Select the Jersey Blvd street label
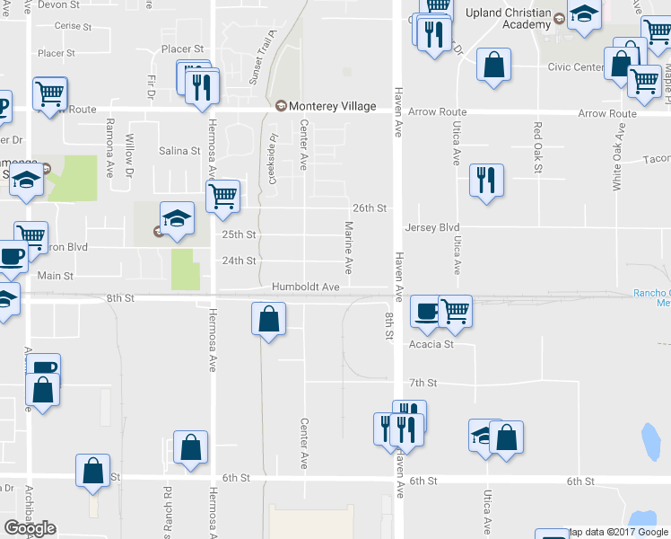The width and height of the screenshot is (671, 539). click(x=431, y=227)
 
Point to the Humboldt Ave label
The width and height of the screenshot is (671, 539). click(x=306, y=287)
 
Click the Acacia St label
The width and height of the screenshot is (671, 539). click(x=431, y=343)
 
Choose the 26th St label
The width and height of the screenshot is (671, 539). click(x=369, y=208)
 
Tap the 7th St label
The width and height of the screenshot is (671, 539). click(x=423, y=383)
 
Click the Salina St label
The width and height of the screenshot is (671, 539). click(x=179, y=151)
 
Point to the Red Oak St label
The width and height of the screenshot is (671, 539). click(x=537, y=142)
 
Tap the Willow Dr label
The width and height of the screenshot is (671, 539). click(x=130, y=155)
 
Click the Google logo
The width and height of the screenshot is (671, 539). click(x=30, y=528)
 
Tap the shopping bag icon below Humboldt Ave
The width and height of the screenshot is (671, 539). click(x=268, y=319)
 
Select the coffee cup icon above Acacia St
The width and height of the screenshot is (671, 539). click(x=426, y=311)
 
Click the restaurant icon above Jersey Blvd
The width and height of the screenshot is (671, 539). click(x=486, y=181)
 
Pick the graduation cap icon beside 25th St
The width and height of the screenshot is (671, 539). click(x=177, y=218)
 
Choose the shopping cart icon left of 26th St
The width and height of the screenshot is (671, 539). click(x=222, y=195)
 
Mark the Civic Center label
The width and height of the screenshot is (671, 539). click(x=574, y=66)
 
